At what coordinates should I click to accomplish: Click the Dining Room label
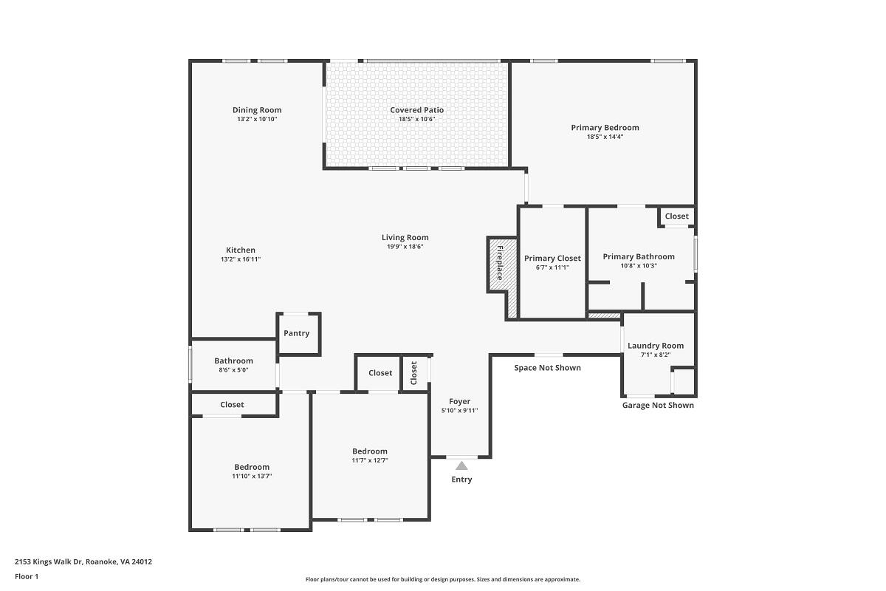[257, 110]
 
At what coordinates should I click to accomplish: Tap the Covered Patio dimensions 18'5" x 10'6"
[416, 119]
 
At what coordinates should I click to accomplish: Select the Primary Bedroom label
[605, 128]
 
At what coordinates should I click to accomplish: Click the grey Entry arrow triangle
[461, 465]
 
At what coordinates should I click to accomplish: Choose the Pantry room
[298, 334]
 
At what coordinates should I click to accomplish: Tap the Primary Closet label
[552, 258]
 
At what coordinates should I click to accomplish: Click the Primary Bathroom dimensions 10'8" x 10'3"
[639, 266]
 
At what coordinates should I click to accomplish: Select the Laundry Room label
[656, 346]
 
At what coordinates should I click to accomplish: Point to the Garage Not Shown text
[658, 405]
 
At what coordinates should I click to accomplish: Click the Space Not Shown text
[547, 368]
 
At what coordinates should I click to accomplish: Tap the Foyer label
[459, 401]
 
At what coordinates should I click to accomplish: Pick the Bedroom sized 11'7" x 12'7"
[370, 455]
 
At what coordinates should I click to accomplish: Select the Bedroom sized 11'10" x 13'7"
[252, 471]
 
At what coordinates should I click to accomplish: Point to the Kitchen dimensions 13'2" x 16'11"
[241, 259]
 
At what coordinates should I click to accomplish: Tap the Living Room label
[405, 238]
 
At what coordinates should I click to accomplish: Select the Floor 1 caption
[27, 576]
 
